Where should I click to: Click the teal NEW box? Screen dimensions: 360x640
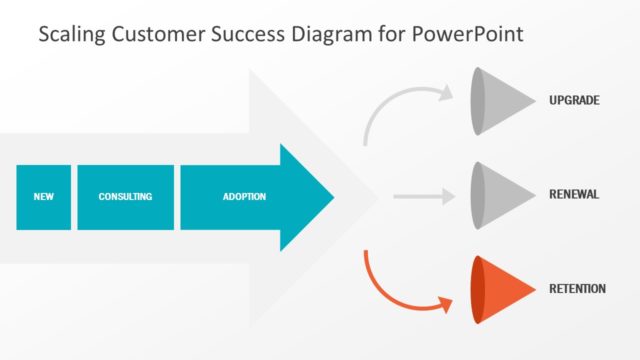click(x=43, y=197)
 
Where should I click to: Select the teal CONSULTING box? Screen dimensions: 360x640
click(x=125, y=197)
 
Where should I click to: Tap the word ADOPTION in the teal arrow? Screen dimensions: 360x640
click(x=244, y=197)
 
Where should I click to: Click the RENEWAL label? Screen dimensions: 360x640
click(x=574, y=194)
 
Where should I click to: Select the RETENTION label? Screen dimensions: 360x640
click(x=577, y=289)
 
